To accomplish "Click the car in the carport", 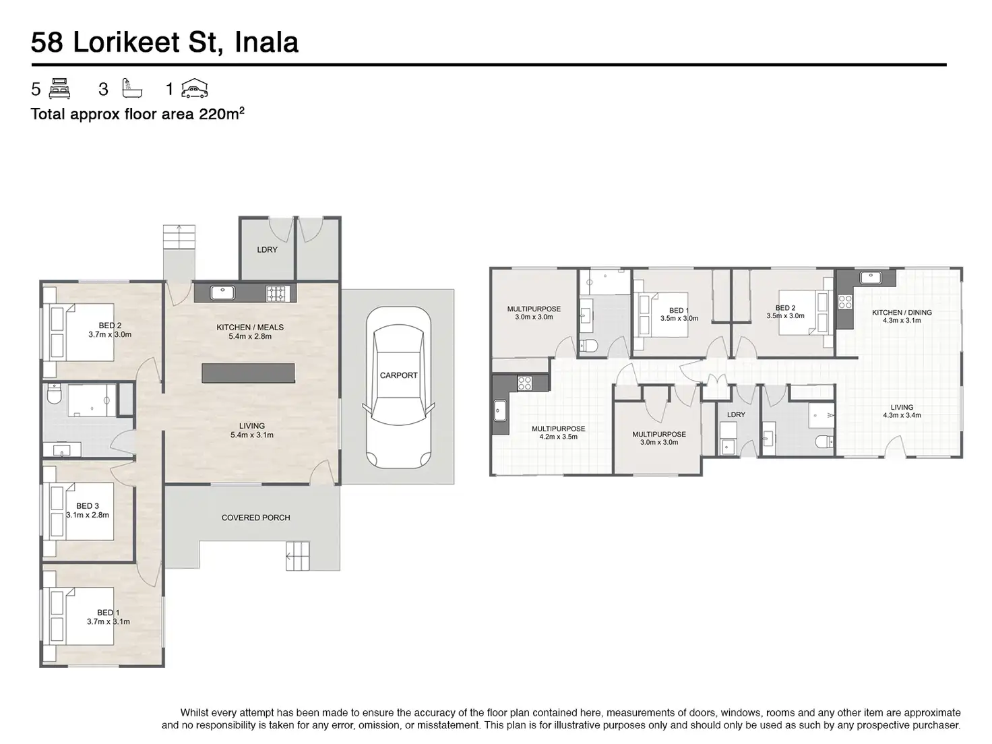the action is (x=398, y=387).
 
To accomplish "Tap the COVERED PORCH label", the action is (x=256, y=518).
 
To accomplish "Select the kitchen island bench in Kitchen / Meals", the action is (x=248, y=373).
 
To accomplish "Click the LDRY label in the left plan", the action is (x=267, y=250).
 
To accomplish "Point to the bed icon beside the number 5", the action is (x=59, y=88).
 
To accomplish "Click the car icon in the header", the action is (x=194, y=88).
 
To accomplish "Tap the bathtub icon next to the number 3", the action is (x=132, y=88).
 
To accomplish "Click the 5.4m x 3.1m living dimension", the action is (x=252, y=435).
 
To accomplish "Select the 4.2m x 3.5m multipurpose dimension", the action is (x=558, y=437).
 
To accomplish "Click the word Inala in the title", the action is (x=267, y=42).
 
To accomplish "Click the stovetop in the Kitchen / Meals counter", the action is (x=276, y=294).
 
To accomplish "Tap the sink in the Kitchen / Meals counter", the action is (x=222, y=292).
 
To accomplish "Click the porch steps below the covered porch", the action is (x=297, y=555).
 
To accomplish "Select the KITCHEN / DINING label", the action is (x=902, y=313).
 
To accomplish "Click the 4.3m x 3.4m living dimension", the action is (x=902, y=415).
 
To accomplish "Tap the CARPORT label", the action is (x=398, y=375).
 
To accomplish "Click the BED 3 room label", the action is (x=88, y=506).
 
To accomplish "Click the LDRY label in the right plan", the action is (x=736, y=414).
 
